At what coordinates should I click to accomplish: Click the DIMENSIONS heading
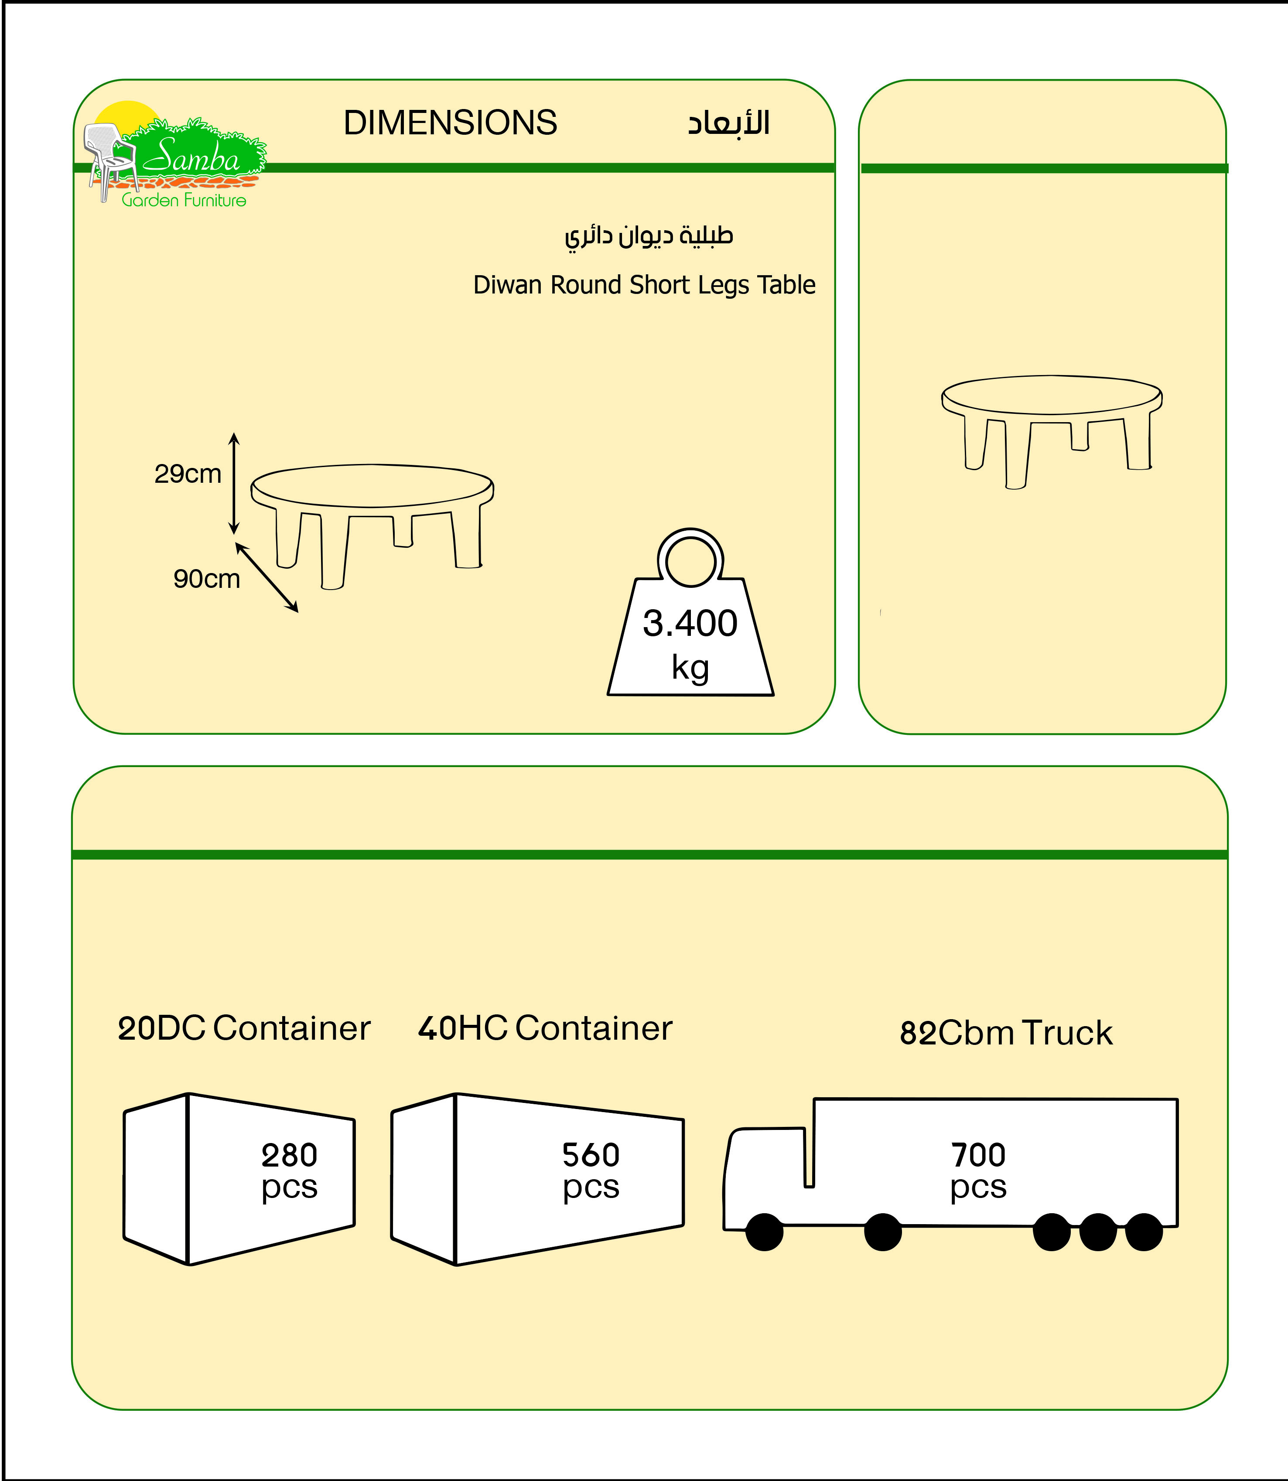pos(450,123)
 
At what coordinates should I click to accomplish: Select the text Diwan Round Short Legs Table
pos(644,285)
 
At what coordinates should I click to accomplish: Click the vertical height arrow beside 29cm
pos(234,484)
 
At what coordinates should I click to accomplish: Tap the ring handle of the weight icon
pos(690,558)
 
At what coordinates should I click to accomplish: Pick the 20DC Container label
pos(244,1028)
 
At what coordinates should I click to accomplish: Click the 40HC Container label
pos(545,1028)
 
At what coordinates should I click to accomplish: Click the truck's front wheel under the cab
pos(764,1232)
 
